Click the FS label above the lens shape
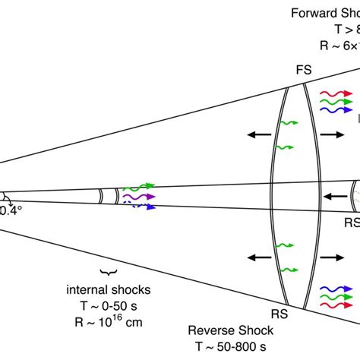click(x=302, y=70)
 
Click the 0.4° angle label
click(x=10, y=209)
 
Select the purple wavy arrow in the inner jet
click(x=138, y=196)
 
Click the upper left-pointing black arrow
click(x=258, y=134)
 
